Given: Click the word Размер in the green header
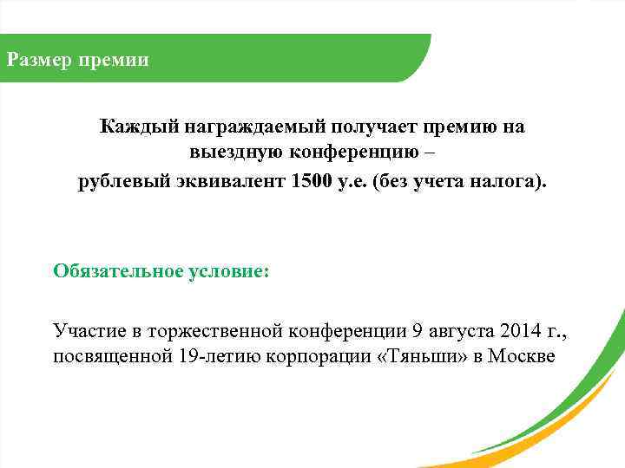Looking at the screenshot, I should (x=38, y=60).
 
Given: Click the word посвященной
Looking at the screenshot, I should (x=105, y=358).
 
